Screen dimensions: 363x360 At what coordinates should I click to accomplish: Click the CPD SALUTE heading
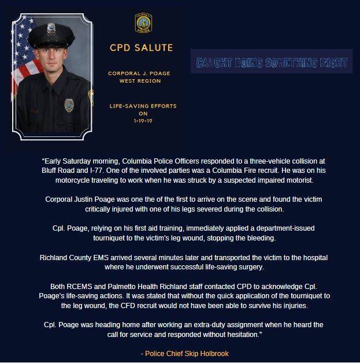(x=142, y=47)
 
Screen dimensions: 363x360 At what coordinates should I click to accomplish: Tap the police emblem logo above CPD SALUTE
(x=142, y=23)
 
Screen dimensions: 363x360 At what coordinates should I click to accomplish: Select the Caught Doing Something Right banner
(x=271, y=61)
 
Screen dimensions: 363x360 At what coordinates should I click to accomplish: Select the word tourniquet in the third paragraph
(x=65, y=237)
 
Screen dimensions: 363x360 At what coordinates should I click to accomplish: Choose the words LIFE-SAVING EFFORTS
(x=142, y=106)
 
